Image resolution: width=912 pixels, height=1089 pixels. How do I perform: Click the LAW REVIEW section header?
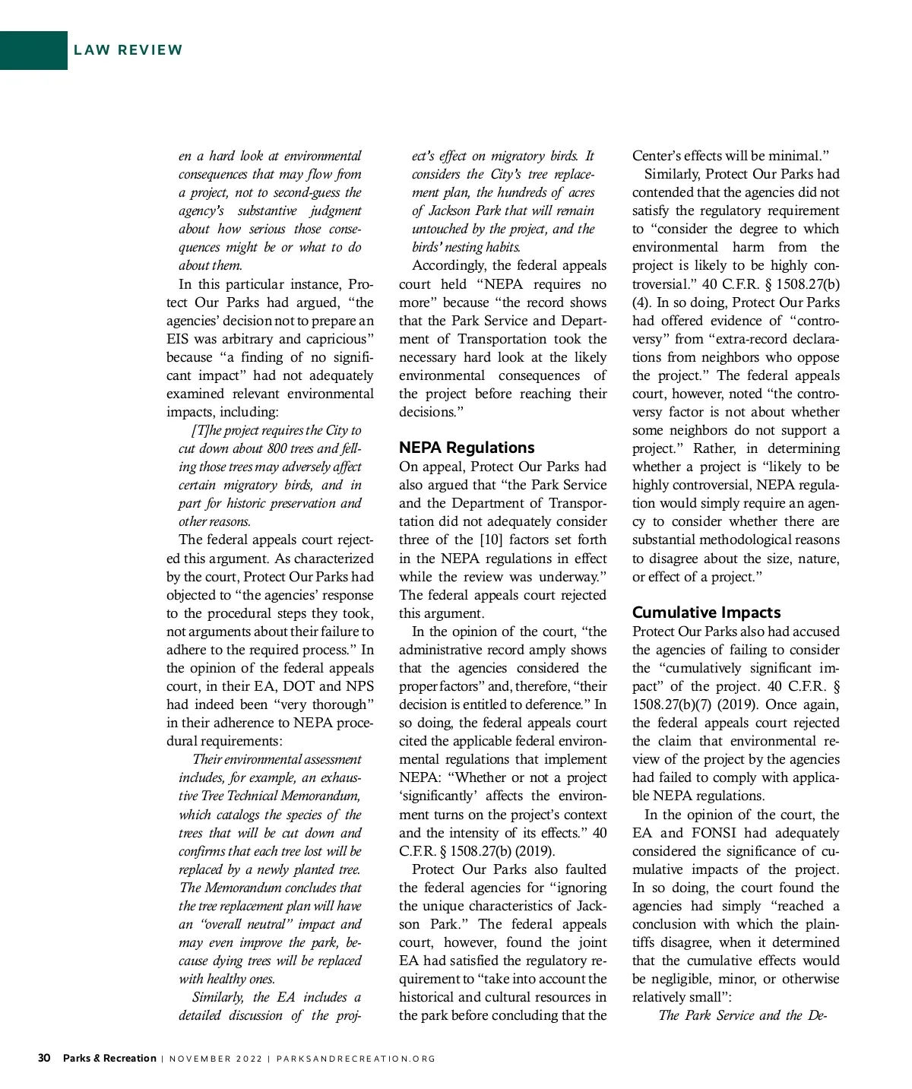click(128, 50)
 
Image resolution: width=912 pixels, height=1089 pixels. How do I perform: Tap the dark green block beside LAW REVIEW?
click(33, 50)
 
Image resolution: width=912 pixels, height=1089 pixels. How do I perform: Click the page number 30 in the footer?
click(44, 1058)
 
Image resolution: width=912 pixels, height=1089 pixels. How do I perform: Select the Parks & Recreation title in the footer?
click(109, 1058)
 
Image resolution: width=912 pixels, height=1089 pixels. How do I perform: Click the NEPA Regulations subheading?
click(467, 448)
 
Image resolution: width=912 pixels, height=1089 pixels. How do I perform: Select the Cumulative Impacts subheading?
click(706, 613)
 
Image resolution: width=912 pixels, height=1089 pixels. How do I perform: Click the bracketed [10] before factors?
click(487, 540)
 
